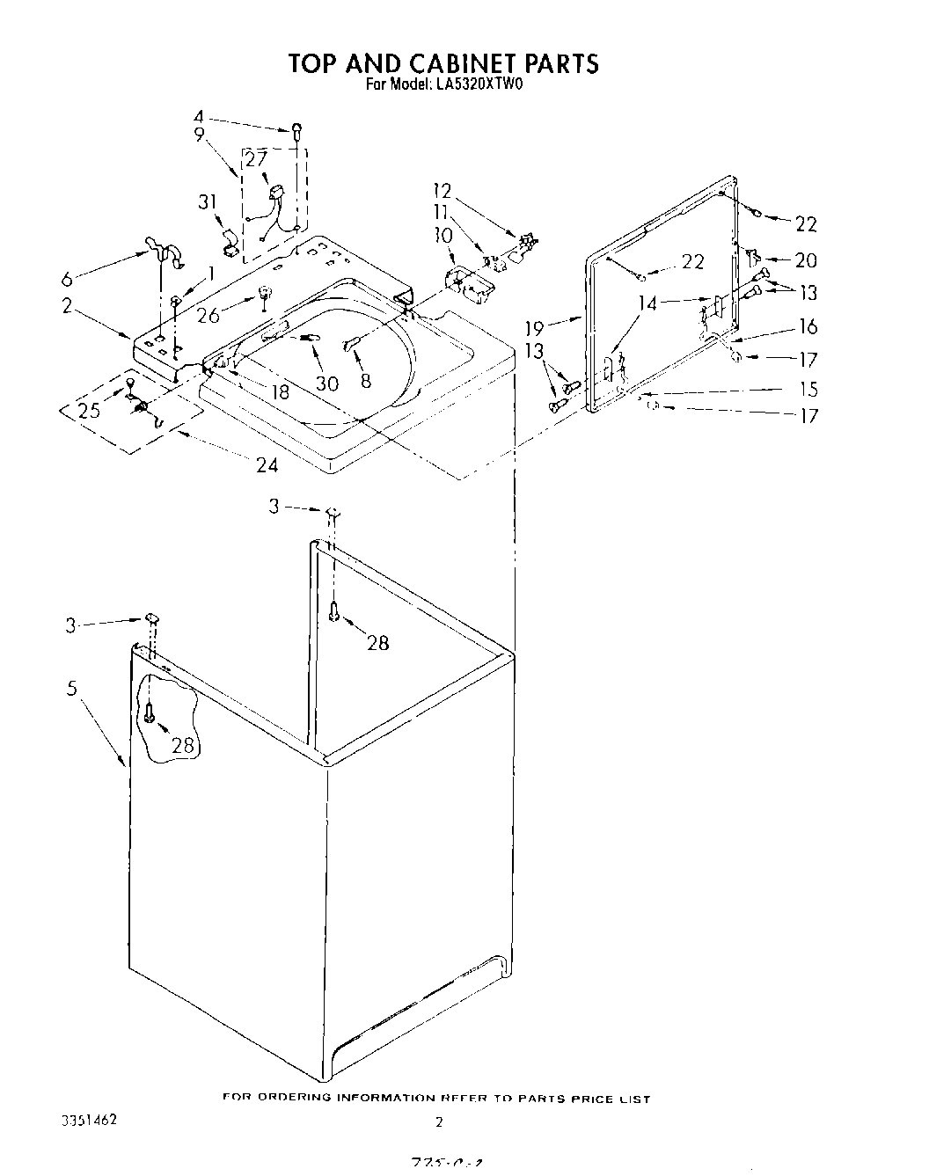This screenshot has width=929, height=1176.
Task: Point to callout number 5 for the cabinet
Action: [72, 688]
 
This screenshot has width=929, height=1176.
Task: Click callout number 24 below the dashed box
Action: [267, 465]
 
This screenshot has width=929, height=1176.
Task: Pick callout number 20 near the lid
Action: [806, 260]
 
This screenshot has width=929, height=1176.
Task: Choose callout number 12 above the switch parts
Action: [442, 190]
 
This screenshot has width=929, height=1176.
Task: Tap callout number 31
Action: [207, 202]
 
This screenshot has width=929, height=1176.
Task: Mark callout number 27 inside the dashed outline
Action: [255, 160]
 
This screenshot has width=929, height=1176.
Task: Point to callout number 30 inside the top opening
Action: [326, 383]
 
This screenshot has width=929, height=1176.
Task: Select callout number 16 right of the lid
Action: [807, 327]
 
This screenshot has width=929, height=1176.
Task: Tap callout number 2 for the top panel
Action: [67, 306]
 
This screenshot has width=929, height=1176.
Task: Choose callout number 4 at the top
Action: [198, 116]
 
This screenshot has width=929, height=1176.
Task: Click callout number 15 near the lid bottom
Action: [807, 390]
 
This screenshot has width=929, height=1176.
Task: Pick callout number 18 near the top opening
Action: [280, 391]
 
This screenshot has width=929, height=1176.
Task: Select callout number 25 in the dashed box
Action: [89, 410]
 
